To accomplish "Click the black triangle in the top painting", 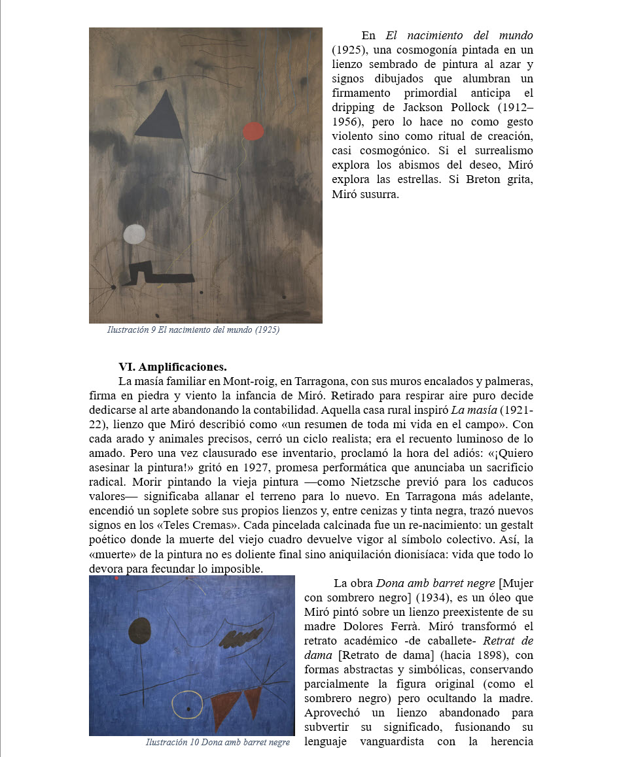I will tap(160, 118).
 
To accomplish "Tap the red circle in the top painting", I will tap(253, 131).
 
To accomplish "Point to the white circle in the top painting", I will tap(135, 234).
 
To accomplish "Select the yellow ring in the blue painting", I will tap(187, 704).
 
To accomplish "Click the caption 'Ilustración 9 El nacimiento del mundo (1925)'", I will tap(193, 330).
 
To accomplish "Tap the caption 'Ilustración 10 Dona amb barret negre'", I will tap(217, 742).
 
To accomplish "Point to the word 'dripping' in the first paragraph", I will tap(353, 107).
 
